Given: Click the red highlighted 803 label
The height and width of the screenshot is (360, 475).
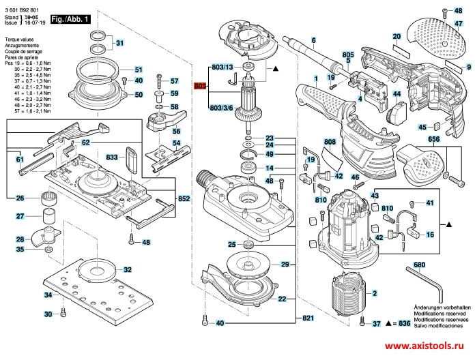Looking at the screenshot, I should [200, 86].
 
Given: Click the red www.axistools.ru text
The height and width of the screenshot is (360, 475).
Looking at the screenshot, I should [431, 346].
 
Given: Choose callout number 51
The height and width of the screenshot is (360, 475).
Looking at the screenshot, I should [139, 70].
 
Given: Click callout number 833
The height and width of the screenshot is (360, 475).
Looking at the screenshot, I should [112, 157].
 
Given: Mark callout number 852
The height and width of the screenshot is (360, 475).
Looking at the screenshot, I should [184, 198].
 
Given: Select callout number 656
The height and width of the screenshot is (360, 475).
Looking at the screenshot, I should [433, 139].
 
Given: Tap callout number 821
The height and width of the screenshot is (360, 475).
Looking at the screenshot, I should [308, 319].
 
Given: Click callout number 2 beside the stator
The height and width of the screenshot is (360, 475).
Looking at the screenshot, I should [374, 293].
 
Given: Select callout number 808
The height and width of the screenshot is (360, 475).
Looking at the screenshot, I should [330, 142].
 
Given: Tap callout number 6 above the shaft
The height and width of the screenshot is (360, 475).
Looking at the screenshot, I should [313, 41].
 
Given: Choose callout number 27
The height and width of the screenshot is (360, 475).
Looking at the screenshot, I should [20, 217].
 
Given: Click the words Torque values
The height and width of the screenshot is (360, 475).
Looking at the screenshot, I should [19, 42].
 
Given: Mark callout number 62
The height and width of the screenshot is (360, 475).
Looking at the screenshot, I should [86, 142].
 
